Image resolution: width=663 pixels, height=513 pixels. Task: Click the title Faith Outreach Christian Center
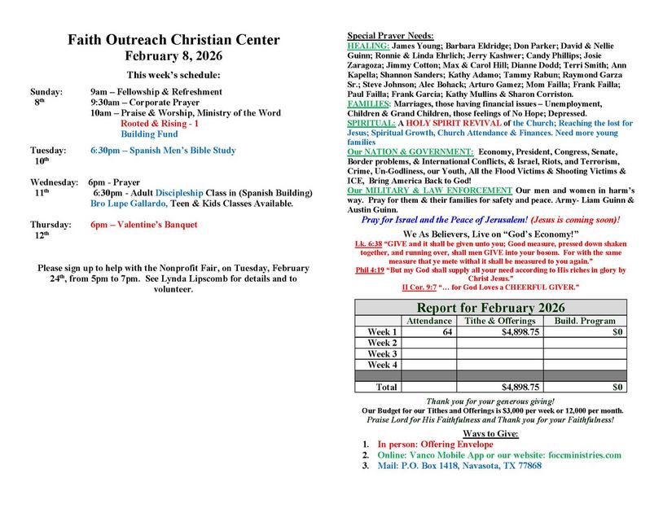[173, 40]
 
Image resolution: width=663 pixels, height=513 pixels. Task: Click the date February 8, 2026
[173, 56]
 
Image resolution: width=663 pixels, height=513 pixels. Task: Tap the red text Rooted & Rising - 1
[160, 123]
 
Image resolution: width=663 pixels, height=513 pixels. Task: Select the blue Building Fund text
[149, 134]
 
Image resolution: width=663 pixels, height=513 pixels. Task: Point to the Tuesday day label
[48, 151]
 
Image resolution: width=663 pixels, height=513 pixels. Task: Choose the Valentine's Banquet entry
[143, 224]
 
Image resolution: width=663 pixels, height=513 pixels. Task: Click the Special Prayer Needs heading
[390, 37]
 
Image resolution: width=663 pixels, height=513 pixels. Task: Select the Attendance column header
[428, 321]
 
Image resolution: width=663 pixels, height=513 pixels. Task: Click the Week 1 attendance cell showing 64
[446, 332]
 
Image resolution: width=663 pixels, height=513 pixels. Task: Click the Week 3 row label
[382, 354]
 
